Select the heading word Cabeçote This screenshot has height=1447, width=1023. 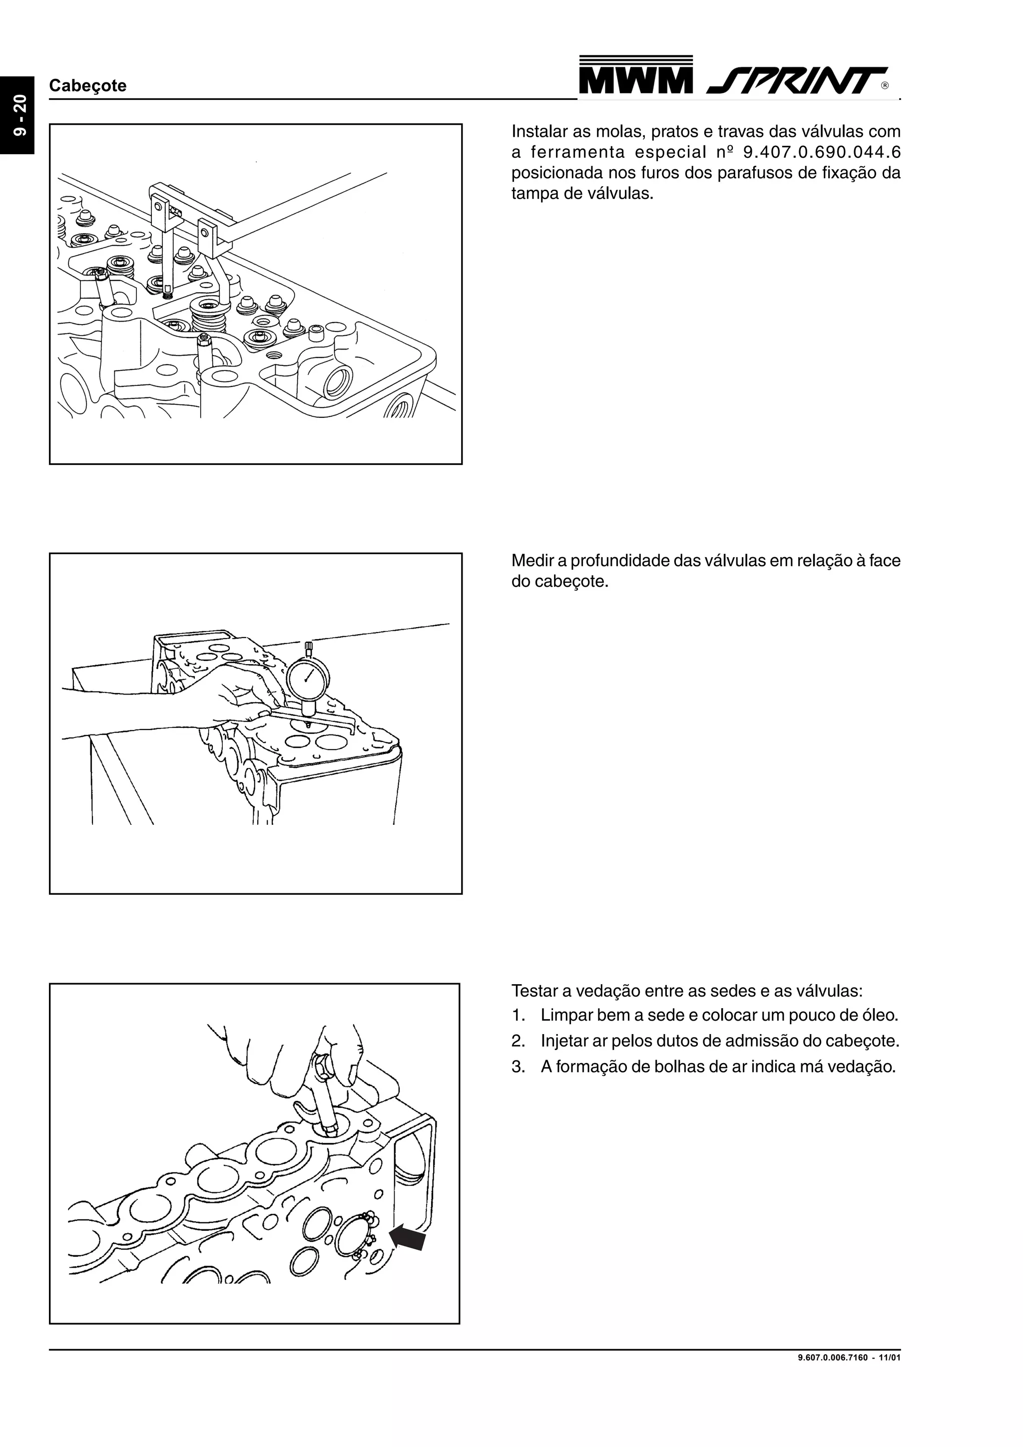pyautogui.click(x=87, y=86)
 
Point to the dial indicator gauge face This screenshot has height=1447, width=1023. pyautogui.click(x=308, y=678)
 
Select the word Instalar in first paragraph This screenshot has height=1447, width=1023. pyautogui.click(x=539, y=132)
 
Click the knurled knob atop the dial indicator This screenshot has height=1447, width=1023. pyautogui.click(x=308, y=646)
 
